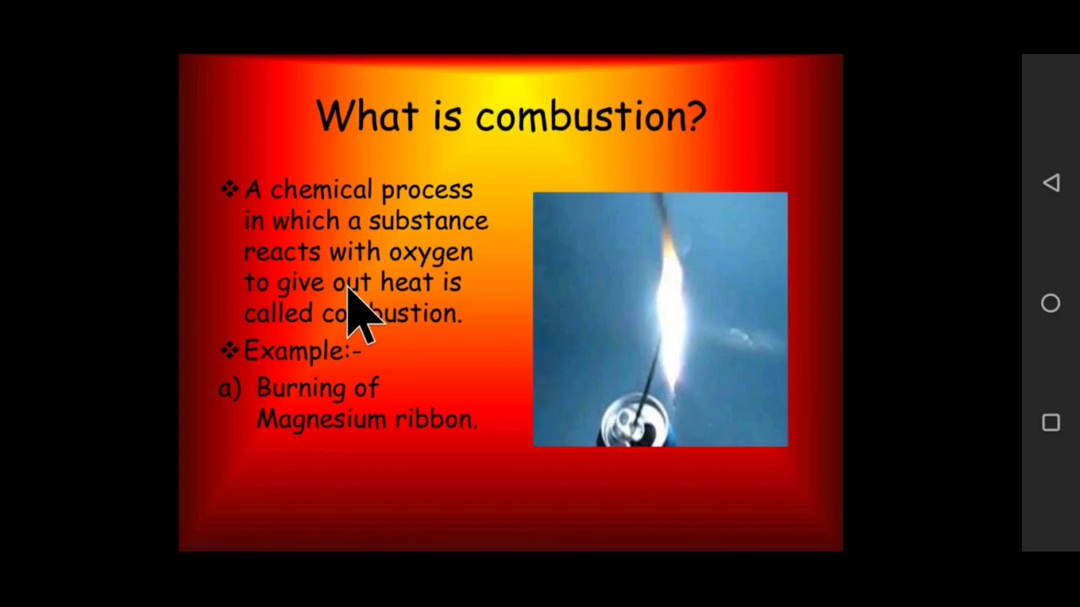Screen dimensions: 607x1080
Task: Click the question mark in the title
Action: [x=696, y=115]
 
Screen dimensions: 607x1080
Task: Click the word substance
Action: [x=428, y=221]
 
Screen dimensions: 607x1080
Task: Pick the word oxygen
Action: [x=430, y=253]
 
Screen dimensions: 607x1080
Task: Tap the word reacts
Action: [x=282, y=252]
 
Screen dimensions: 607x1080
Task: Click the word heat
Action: [x=406, y=282]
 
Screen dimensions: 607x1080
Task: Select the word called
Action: [x=278, y=314]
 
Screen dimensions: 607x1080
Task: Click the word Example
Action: [x=294, y=351]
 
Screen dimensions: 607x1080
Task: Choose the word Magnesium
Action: [x=321, y=419]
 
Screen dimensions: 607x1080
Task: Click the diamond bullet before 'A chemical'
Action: [x=229, y=190]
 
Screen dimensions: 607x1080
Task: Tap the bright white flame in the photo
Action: [x=671, y=312]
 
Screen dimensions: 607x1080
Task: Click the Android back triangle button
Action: [x=1050, y=183]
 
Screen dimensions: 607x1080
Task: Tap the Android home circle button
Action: [x=1050, y=303]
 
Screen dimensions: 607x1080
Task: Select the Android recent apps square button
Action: [x=1050, y=423]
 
